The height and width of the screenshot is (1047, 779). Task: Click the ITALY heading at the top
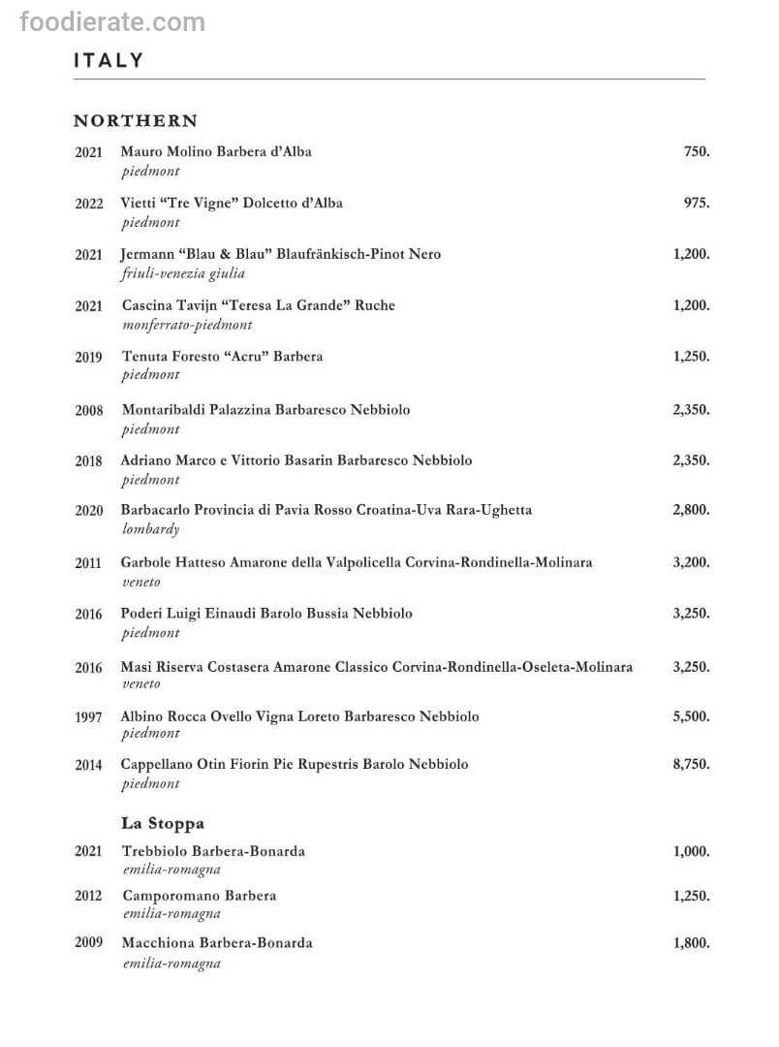[x=108, y=60]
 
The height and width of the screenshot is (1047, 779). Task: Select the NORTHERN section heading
[x=135, y=121]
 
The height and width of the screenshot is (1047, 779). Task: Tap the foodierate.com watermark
[x=112, y=21]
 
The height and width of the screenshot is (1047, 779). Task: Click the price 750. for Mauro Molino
[x=696, y=152]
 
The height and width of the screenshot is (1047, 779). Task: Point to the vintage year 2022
[x=88, y=205]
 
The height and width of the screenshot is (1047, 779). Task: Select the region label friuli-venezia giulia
[x=183, y=273]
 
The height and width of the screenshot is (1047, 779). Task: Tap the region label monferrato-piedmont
[x=187, y=325]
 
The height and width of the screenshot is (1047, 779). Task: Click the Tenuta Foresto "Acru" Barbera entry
[x=222, y=357]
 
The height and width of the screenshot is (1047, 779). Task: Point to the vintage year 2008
[x=88, y=411]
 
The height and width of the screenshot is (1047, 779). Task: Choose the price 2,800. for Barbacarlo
[x=691, y=510]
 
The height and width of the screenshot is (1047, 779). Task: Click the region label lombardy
[x=151, y=529]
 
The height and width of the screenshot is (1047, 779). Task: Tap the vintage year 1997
[x=88, y=718]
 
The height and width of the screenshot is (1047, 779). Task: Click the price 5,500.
[x=691, y=716]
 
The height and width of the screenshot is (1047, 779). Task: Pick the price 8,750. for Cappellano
[x=691, y=764]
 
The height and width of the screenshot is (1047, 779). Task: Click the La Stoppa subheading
[x=163, y=823]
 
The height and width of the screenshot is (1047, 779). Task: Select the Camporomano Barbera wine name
[x=199, y=896]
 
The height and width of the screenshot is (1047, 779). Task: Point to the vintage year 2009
[x=88, y=943]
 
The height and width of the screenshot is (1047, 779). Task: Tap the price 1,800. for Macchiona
[x=691, y=942]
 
